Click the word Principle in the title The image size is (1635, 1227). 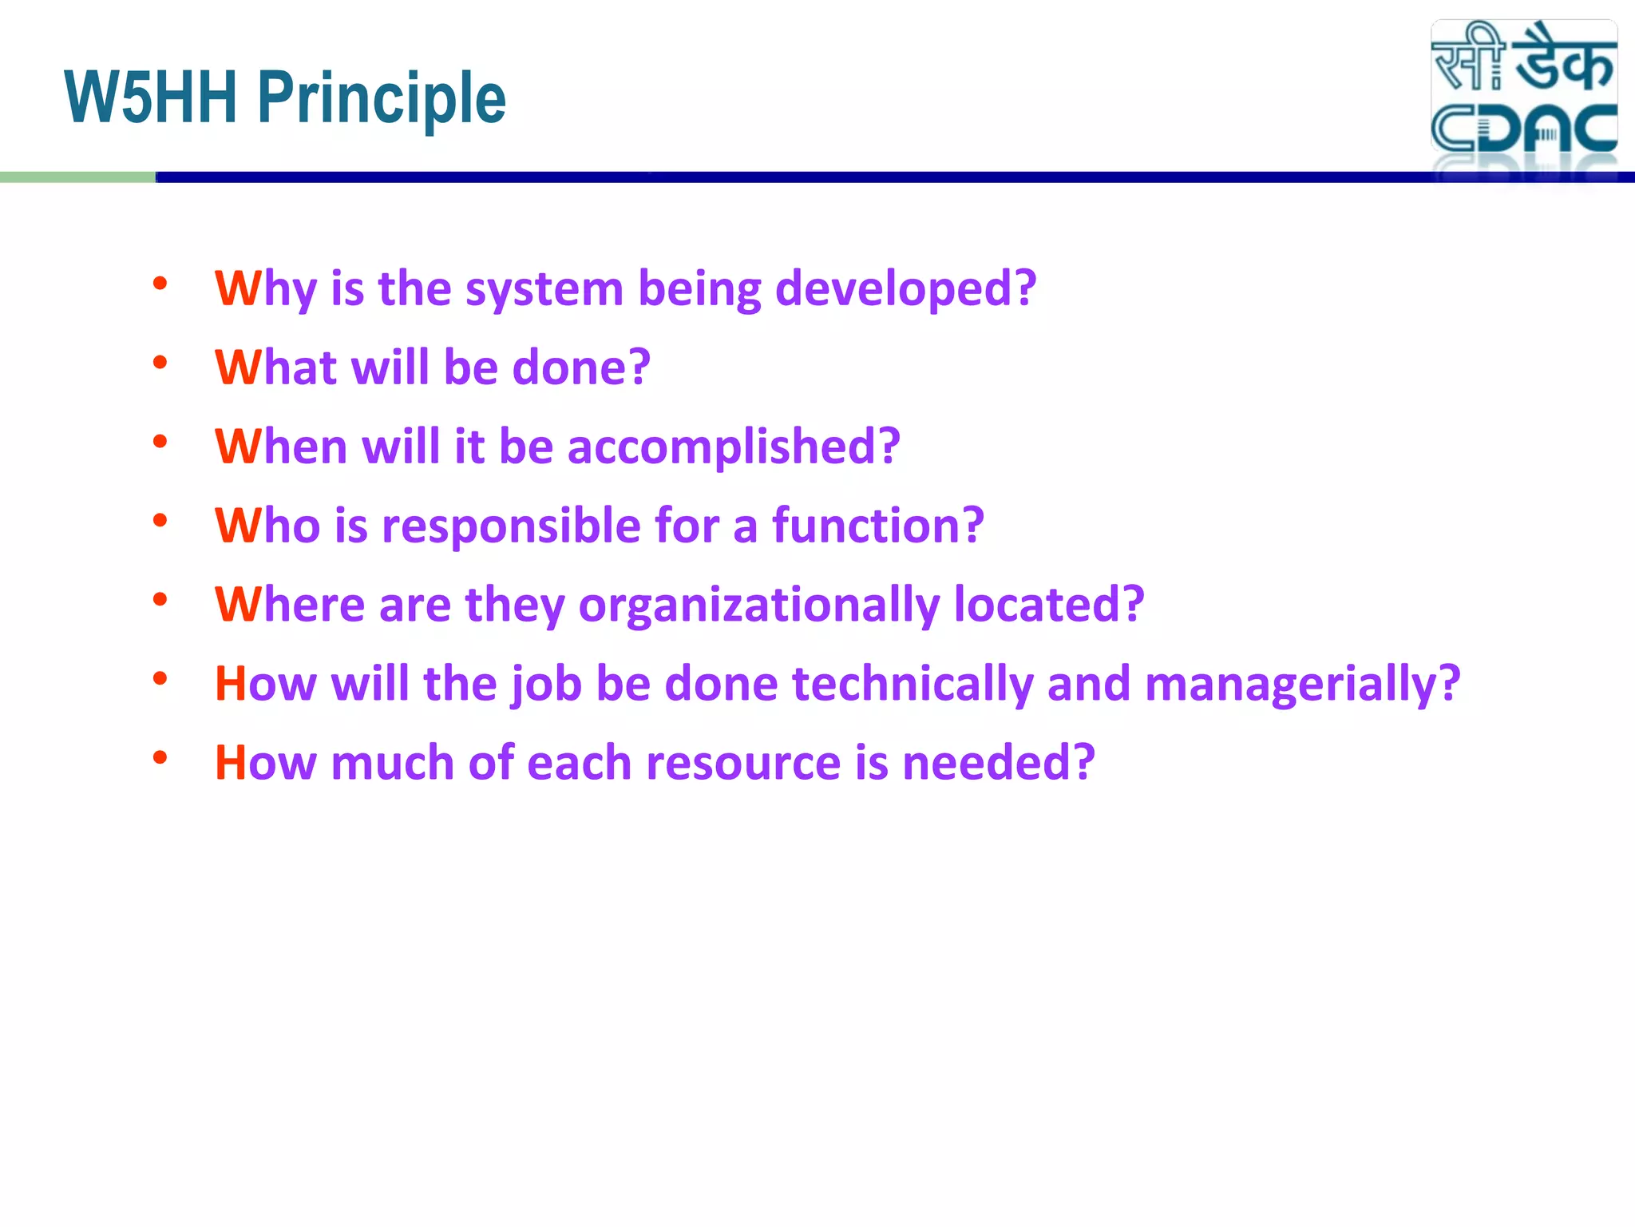pyautogui.click(x=382, y=99)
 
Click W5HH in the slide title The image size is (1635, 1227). pyautogui.click(x=152, y=97)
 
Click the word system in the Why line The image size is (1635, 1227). pyautogui.click(x=544, y=289)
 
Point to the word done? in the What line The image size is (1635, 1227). pyautogui.click(x=581, y=367)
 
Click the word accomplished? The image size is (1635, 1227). pyautogui.click(x=734, y=447)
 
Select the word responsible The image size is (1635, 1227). pyautogui.click(x=511, y=526)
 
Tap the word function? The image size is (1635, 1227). pyautogui.click(x=877, y=525)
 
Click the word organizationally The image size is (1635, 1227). pyautogui.click(x=758, y=605)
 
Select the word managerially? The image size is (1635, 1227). pyautogui.click(x=1302, y=685)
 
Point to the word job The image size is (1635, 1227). pyautogui.click(x=546, y=685)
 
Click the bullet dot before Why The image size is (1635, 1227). pyautogui.click(x=160, y=283)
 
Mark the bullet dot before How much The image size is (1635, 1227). pyautogui.click(x=160, y=756)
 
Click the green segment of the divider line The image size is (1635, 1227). pyautogui.click(x=77, y=177)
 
